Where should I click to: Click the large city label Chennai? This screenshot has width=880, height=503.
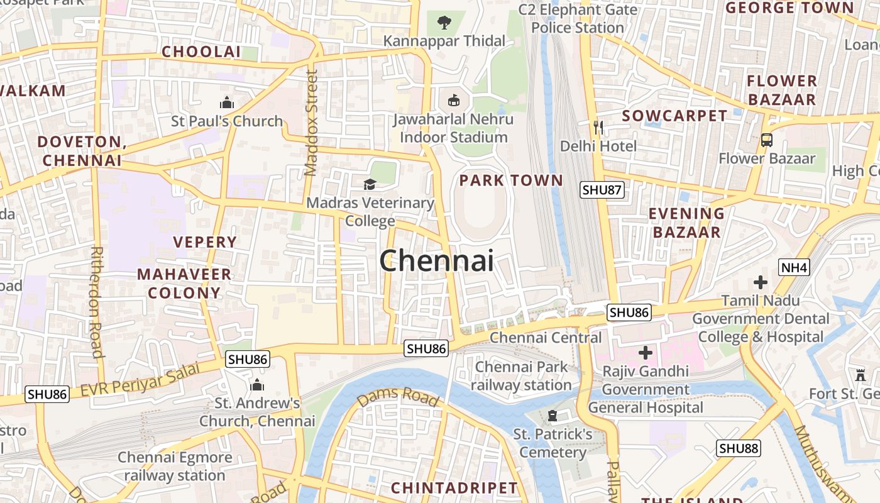click(436, 260)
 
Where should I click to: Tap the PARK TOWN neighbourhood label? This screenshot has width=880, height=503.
click(511, 180)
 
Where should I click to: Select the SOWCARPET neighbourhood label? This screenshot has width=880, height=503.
click(674, 116)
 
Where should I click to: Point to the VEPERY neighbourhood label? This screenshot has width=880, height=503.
click(205, 242)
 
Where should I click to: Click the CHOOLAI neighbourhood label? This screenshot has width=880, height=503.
click(201, 52)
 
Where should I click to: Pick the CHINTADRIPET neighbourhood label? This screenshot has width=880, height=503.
click(454, 488)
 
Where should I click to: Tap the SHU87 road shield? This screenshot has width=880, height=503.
click(602, 190)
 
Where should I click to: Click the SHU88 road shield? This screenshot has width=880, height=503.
click(739, 448)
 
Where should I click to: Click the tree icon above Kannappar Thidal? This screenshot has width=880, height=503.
click(444, 23)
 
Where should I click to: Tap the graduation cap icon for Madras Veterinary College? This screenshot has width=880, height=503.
click(370, 184)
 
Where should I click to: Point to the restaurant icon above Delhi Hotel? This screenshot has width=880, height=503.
click(598, 128)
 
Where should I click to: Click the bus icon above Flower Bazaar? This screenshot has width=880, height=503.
click(766, 140)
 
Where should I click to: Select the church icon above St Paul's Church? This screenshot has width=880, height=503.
click(226, 102)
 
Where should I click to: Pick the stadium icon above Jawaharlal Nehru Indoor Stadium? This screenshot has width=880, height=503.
click(453, 100)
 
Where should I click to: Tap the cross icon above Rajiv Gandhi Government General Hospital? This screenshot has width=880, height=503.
click(645, 352)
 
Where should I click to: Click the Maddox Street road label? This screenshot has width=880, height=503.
click(311, 123)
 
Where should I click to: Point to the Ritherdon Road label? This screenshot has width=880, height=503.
click(97, 302)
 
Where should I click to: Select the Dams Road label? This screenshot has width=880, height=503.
click(398, 397)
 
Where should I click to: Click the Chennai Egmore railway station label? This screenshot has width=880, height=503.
click(175, 466)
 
